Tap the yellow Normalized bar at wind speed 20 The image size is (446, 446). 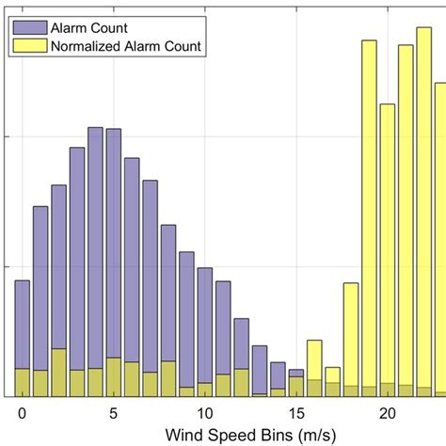(387, 245)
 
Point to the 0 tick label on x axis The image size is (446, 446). (22, 412)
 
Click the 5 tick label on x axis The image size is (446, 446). (113, 412)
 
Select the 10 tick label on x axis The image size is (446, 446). (205, 412)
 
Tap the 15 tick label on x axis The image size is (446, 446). (296, 412)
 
